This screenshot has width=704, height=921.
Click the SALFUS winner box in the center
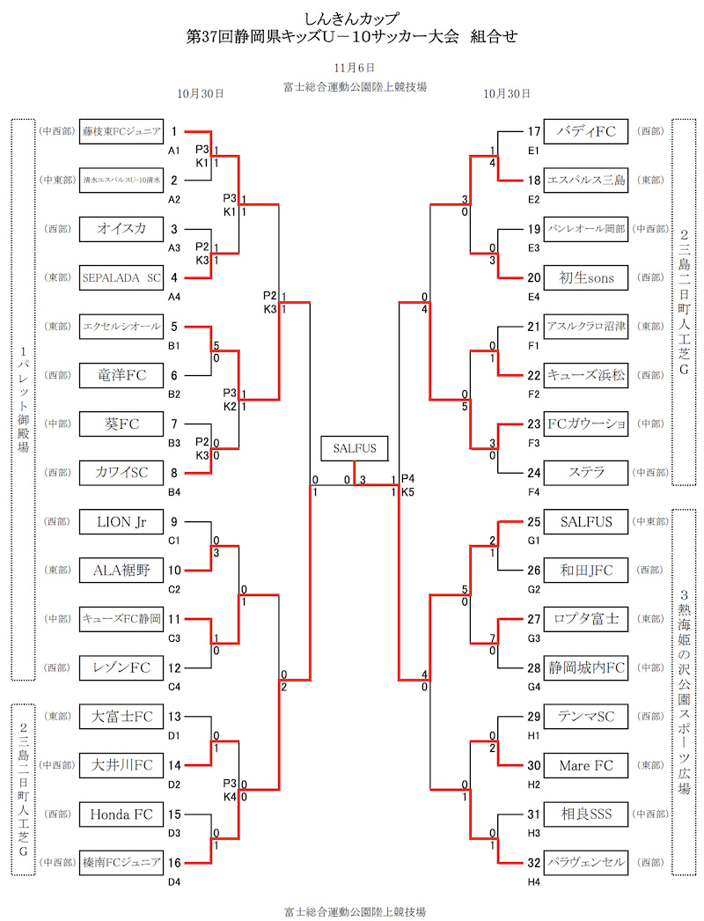355,448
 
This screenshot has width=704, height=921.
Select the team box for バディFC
586,131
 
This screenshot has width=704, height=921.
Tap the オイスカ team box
121,229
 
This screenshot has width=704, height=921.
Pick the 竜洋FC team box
121,375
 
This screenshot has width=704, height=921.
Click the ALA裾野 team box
121,571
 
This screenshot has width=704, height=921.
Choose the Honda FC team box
121,814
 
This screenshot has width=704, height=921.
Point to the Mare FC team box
586,765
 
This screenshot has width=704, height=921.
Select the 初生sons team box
586,277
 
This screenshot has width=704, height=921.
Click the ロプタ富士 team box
586,619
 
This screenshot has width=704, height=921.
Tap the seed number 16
174,863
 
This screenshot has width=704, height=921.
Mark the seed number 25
533,522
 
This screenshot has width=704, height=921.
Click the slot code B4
174,491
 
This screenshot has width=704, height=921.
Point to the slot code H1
533,735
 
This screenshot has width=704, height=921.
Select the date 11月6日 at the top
355,67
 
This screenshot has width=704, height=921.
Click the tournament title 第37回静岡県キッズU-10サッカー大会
352,37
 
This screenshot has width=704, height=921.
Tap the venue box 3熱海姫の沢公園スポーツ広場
685,692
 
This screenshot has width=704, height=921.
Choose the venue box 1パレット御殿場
23,400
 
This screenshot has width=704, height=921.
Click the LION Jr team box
121,521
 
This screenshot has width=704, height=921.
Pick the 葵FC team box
121,424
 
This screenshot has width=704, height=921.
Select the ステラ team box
586,472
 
